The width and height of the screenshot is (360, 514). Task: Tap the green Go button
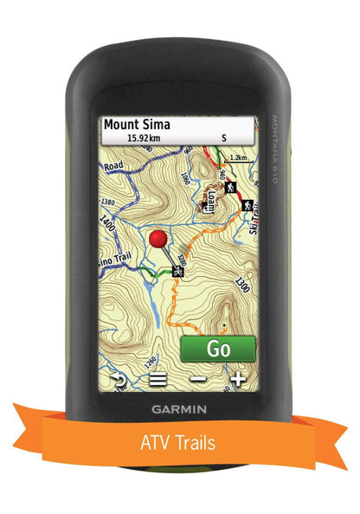pyautogui.click(x=218, y=349)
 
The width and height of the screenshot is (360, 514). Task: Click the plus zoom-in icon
pyautogui.click(x=238, y=378)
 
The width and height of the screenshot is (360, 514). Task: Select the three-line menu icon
pyautogui.click(x=157, y=378)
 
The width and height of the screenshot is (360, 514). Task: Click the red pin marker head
pyautogui.click(x=157, y=239)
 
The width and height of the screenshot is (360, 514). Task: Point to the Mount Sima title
pyautogui.click(x=137, y=124)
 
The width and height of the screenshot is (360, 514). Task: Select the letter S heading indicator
pyautogui.click(x=223, y=137)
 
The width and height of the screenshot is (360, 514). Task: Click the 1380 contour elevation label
pyautogui.click(x=108, y=202)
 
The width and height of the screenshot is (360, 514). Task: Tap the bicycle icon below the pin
pyautogui.click(x=177, y=271)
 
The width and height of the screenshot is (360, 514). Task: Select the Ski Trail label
pyautogui.click(x=250, y=227)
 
